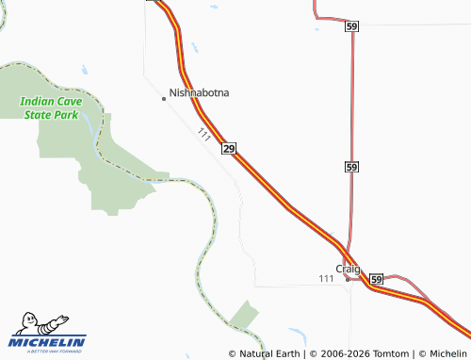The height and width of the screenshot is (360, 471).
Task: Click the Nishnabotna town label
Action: (199, 93)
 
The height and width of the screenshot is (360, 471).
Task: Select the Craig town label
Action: (349, 268)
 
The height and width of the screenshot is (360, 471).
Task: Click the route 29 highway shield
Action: (229, 149)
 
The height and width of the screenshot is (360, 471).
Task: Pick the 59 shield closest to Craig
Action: (376, 280)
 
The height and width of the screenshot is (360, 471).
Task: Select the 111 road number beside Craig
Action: (326, 278)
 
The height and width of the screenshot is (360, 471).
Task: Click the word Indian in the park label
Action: (37, 101)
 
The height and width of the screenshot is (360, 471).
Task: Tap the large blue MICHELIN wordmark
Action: (47, 342)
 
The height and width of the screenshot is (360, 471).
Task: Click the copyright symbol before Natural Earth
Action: (233, 353)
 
